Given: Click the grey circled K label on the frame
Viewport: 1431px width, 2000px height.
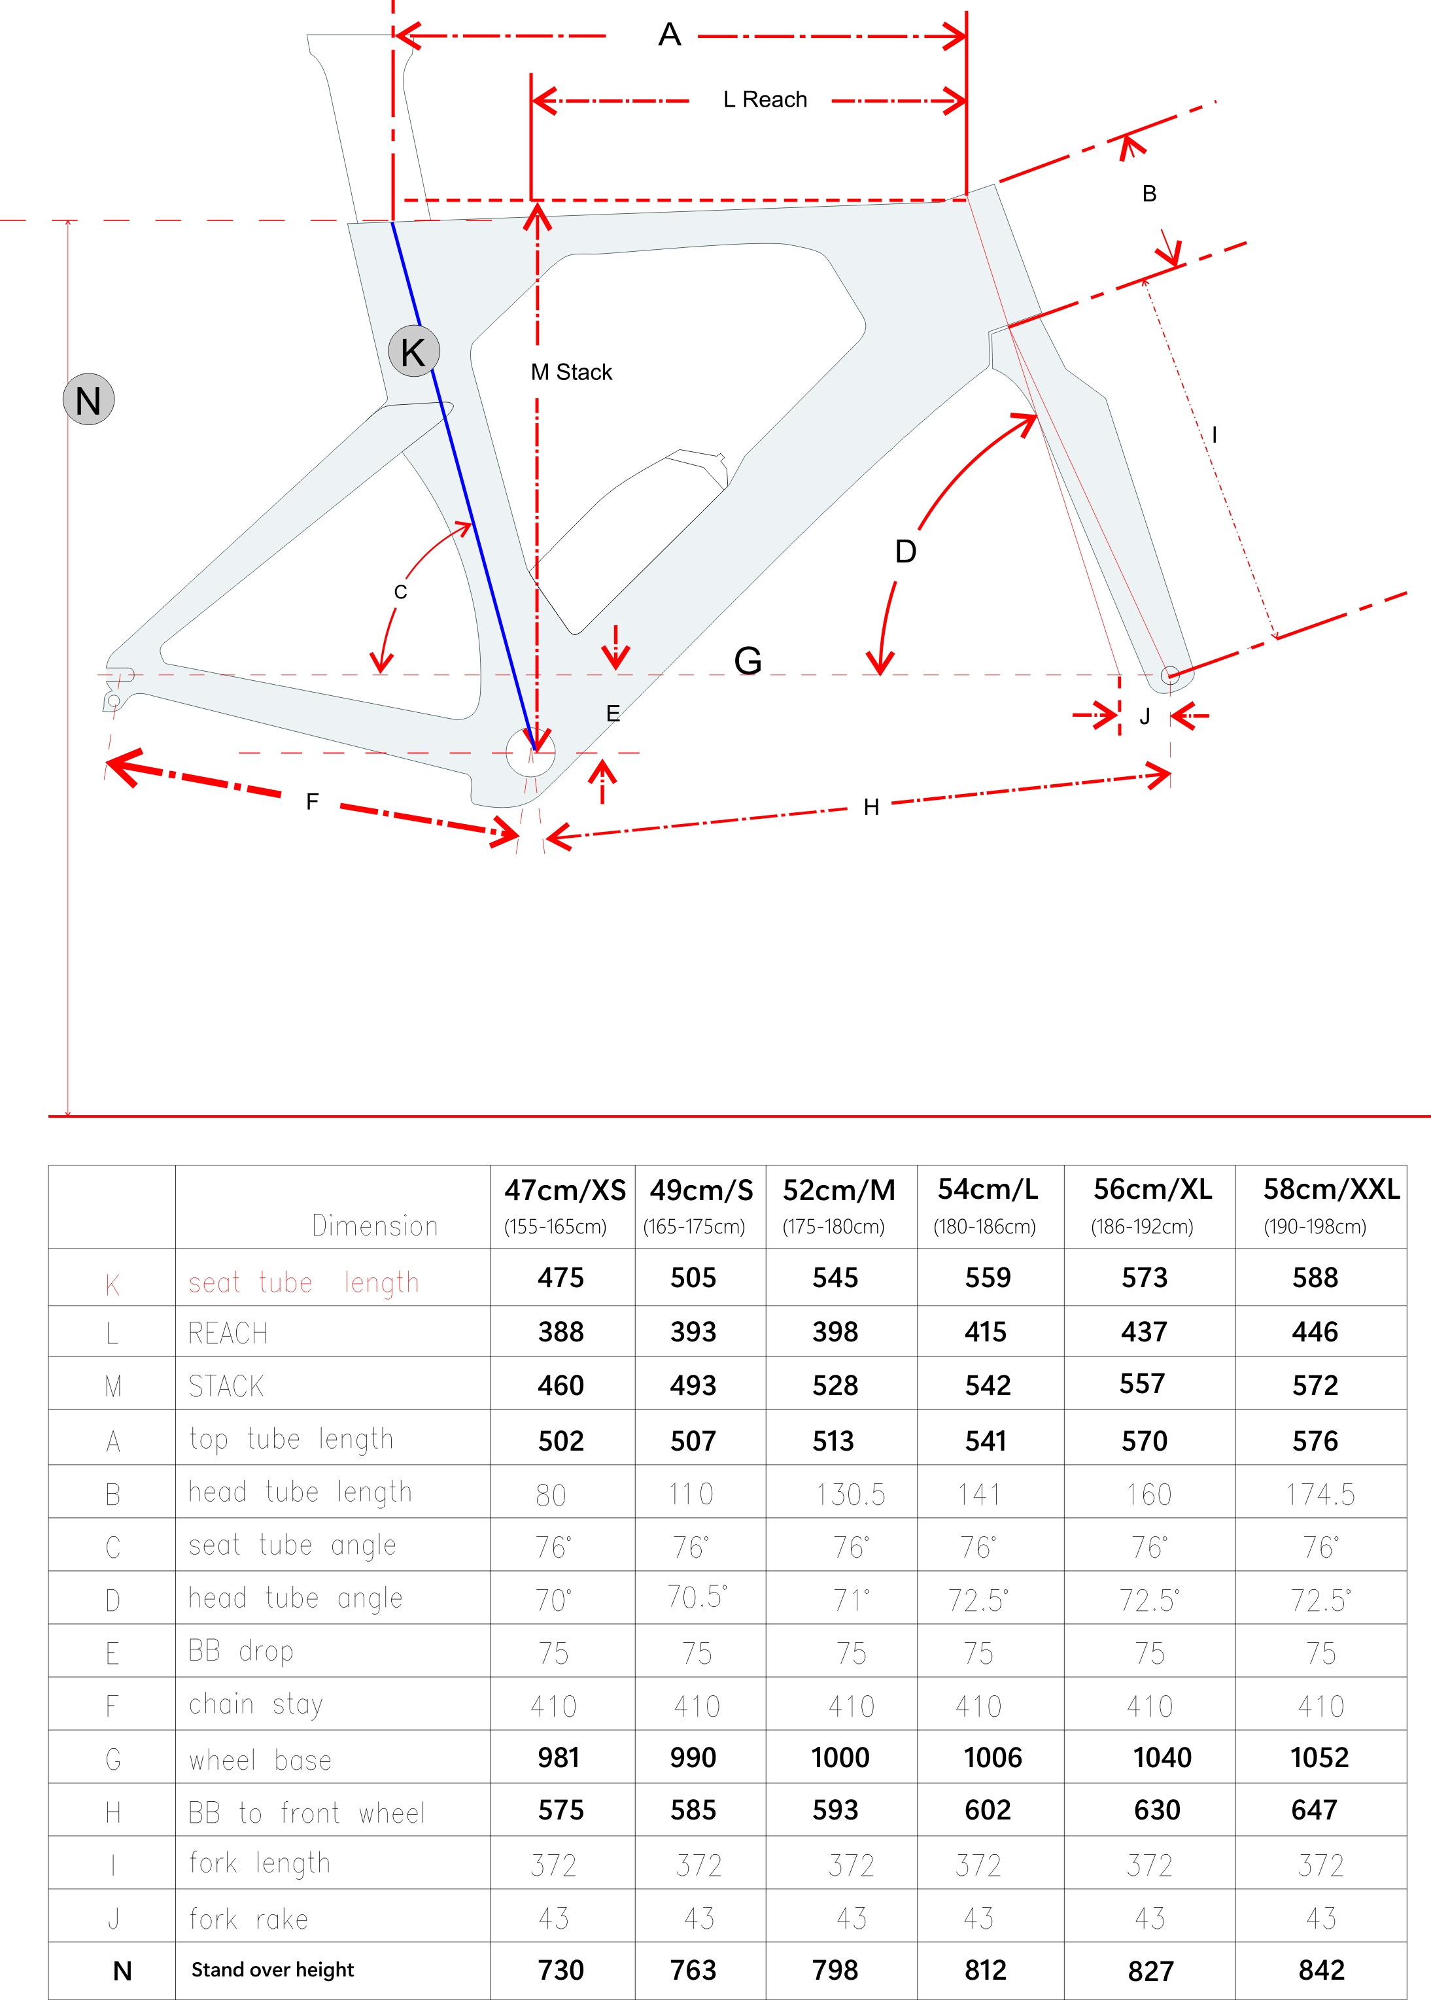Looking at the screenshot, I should coord(413,351).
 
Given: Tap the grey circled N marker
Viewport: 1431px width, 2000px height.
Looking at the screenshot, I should coord(88,400).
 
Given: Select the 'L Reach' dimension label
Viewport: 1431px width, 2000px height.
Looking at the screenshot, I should coord(764,99).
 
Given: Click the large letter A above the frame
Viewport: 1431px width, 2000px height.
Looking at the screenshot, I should coord(670,35).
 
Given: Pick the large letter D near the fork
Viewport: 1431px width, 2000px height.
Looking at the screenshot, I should coord(905,551).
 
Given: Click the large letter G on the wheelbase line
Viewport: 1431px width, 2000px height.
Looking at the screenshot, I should coord(748,661).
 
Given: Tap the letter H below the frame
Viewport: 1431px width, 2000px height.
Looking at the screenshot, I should coord(871,807).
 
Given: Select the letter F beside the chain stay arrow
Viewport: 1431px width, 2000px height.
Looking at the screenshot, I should coord(312,802).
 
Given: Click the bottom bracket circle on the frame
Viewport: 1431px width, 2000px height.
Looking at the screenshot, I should coord(530,752).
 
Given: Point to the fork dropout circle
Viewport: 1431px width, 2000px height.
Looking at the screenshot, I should coord(1169,675).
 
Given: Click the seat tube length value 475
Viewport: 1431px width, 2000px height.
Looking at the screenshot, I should coord(560,1277).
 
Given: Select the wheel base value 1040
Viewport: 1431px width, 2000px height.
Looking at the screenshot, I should coord(1162,1758).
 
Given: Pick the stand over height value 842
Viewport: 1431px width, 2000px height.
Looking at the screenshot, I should coord(1321,1970).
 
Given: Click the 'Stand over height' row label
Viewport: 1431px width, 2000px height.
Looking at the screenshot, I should coord(272,1970).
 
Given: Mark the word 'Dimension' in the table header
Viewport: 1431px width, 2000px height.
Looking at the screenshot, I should coord(375,1226).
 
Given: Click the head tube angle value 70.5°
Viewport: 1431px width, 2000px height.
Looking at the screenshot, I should coord(696,1596).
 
